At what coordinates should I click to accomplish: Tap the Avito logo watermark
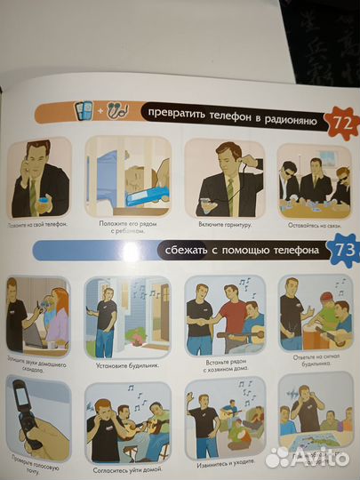pyautogui.click(x=308, y=456)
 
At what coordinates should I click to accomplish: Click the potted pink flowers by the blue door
pyautogui.click(x=138, y=338)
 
